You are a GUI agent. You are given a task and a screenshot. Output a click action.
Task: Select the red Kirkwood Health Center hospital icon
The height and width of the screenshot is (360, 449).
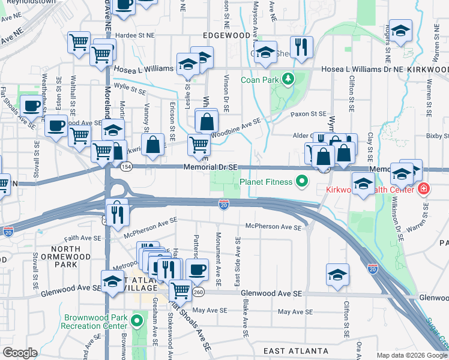coord(424,189)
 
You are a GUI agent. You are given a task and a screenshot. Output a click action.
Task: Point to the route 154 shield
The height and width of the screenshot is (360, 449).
coord(125,166)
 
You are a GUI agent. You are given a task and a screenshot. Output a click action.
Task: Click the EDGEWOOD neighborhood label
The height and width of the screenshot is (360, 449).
coord(226,36)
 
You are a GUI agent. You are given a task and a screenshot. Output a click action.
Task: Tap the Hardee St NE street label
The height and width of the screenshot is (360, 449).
coord(134,35)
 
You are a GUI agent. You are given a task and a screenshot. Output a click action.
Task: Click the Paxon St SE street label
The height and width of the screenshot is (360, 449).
coord(308,113)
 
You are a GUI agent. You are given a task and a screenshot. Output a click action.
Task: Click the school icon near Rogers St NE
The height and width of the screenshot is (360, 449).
coord(401,30)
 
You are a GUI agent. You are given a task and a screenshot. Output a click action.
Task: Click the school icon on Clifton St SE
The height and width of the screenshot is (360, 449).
coord(338,274)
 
